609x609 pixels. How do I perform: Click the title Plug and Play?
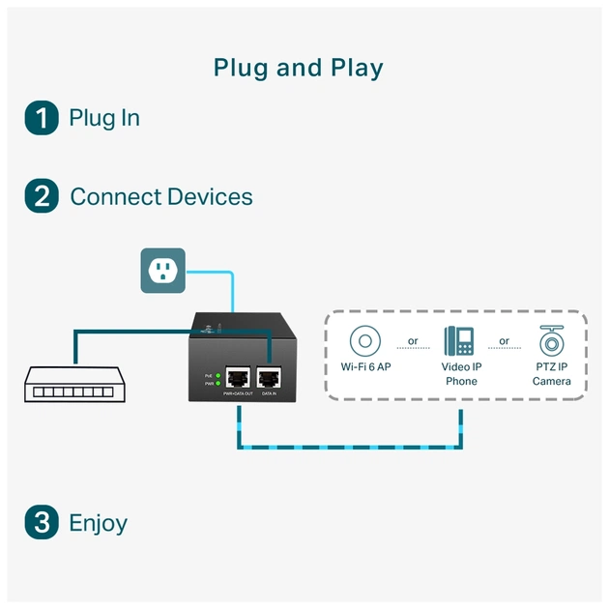pos(298,68)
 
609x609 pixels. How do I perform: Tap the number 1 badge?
pos(40,118)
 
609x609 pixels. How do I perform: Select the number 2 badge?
pos(40,197)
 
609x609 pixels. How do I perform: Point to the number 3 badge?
pos(40,523)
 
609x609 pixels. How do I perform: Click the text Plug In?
pos(104,118)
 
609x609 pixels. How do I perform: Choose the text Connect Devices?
pos(160,197)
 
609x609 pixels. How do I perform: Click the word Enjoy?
pos(99,523)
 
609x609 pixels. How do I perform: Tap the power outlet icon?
pos(162,270)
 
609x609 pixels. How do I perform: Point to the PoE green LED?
pos(218,374)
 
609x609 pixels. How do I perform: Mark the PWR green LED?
pos(218,384)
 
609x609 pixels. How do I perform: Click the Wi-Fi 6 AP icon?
pos(365,341)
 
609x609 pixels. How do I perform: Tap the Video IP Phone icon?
pos(461,341)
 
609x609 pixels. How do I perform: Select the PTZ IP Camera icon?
pos(551,340)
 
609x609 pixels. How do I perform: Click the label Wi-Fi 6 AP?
pos(366,367)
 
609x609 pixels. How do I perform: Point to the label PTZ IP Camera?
pos(551,374)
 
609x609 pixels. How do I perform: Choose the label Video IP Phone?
pos(461,374)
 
